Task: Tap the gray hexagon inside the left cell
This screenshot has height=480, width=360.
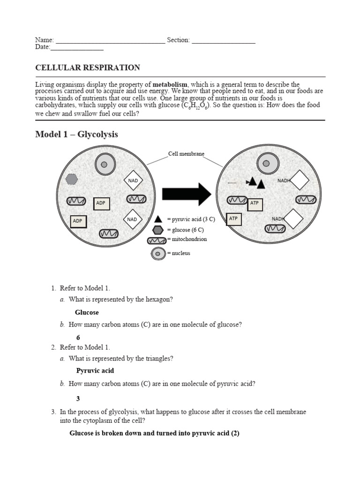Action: (71, 179)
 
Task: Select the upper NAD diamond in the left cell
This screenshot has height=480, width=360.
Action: (133, 180)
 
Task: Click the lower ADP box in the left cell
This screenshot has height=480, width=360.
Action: (79, 221)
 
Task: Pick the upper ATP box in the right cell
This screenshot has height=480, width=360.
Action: (255, 204)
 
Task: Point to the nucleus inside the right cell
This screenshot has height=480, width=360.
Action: (266, 164)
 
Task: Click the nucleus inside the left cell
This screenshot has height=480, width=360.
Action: (105, 165)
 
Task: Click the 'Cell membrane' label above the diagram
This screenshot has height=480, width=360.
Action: (186, 154)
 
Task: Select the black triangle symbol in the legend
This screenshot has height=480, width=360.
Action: (158, 219)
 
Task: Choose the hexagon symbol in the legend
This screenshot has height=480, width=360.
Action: (158, 230)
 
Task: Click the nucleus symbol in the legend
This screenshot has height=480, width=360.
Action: (158, 254)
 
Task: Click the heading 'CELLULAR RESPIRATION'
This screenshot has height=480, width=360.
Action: (88, 67)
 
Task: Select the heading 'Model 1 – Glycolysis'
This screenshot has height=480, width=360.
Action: (77, 135)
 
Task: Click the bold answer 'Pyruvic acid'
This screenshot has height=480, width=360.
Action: (95, 371)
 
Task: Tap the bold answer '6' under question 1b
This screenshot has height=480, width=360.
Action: (78, 337)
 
